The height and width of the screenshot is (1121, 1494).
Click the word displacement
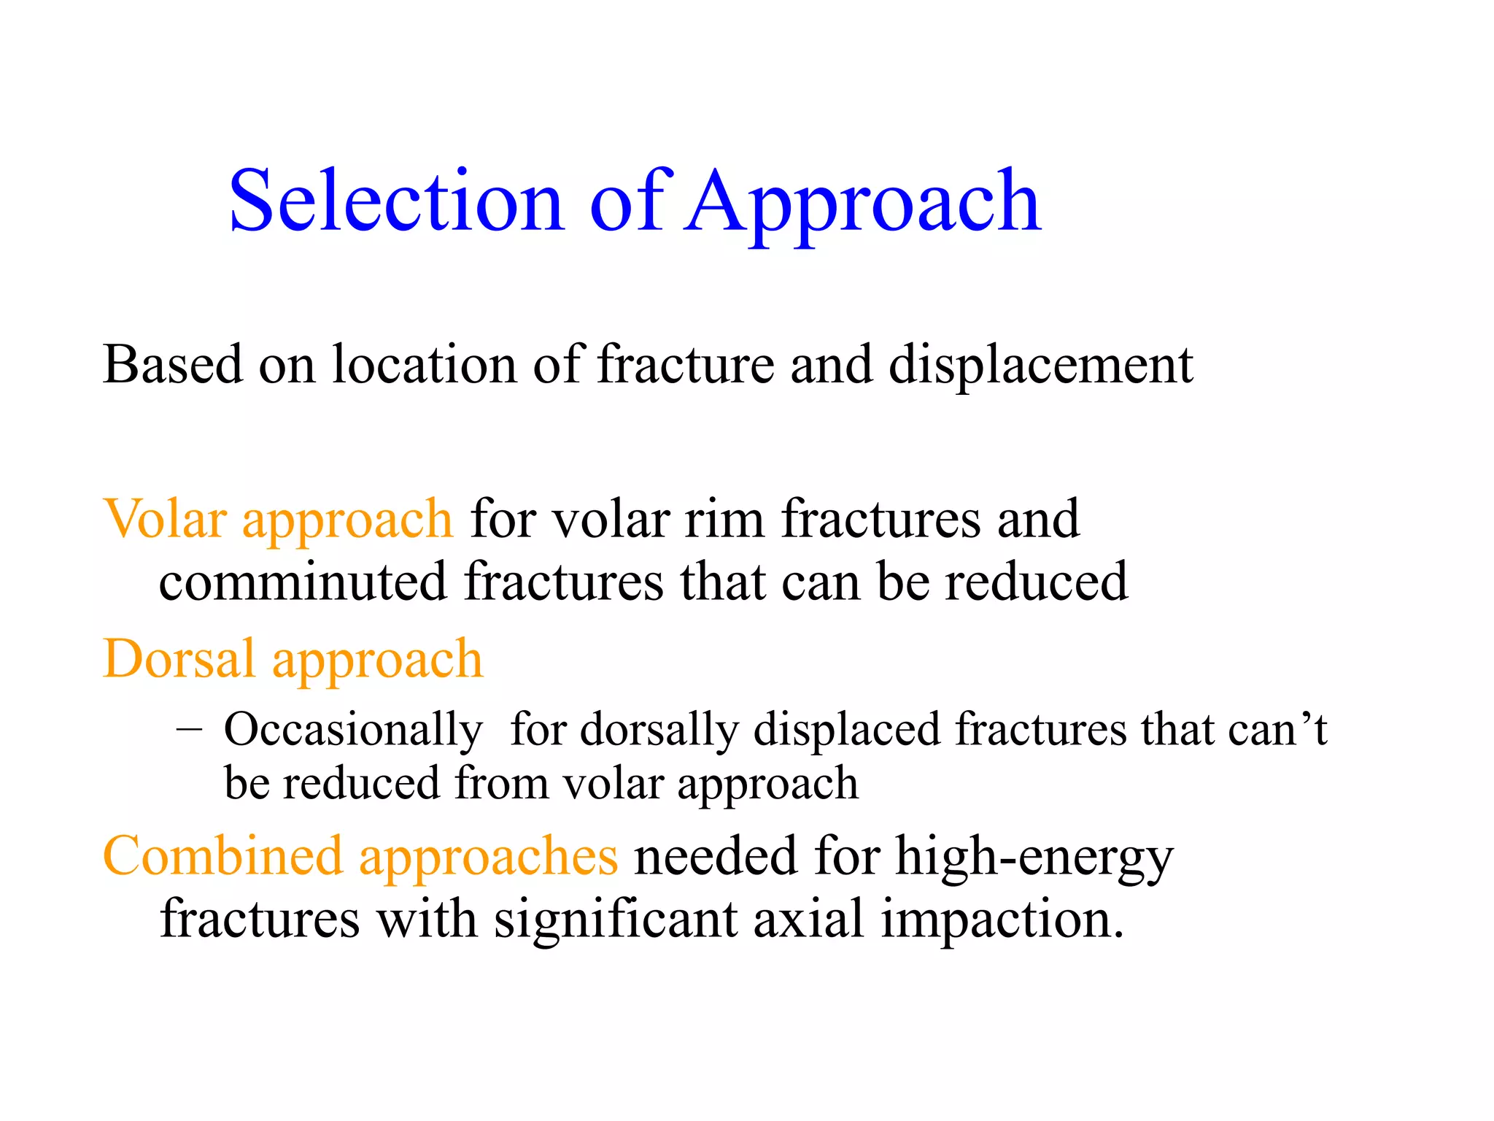click(1040, 365)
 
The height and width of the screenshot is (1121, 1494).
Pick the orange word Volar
click(165, 519)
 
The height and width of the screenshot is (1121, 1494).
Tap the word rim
click(724, 519)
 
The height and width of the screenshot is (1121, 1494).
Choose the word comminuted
click(303, 582)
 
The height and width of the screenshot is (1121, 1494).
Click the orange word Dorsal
click(179, 659)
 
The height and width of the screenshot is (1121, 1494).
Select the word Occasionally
click(353, 731)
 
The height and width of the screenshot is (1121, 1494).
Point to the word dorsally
click(659, 731)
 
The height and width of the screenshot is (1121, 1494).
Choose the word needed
click(716, 855)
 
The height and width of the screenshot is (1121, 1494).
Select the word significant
click(616, 920)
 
